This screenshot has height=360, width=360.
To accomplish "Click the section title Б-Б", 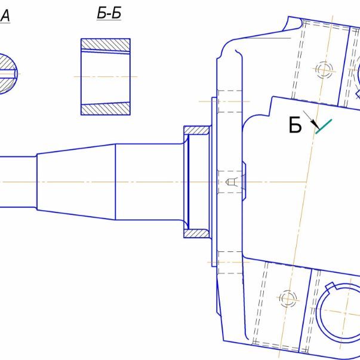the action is click(109, 13).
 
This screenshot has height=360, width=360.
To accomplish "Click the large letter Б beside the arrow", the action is click(295, 125).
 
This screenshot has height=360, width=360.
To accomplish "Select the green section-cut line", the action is click(324, 127).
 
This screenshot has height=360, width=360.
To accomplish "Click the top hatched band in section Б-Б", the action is click(106, 45).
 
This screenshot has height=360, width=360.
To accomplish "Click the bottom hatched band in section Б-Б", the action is click(106, 109).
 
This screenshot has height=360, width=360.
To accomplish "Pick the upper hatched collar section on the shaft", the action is click(196, 130).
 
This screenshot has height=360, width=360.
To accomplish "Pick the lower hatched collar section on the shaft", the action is click(196, 233).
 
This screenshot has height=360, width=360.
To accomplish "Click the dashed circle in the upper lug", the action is click(324, 69).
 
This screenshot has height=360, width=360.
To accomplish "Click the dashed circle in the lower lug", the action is click(288, 299).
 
